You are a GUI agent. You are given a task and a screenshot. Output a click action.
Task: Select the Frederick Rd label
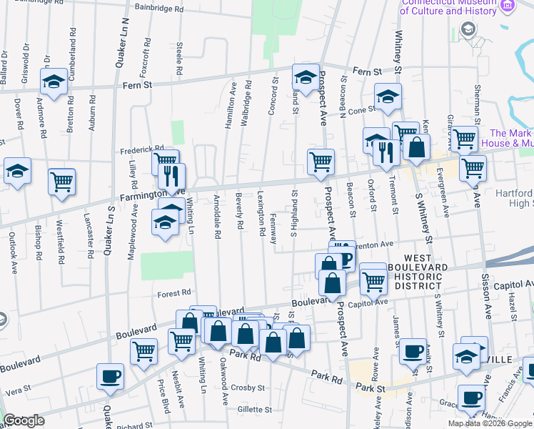coord(137,149)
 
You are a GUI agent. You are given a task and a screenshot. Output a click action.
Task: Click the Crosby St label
coord(252,388)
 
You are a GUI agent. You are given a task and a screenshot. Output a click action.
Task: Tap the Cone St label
coord(361,109)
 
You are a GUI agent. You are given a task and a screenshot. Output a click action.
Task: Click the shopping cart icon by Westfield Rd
coord(62,181)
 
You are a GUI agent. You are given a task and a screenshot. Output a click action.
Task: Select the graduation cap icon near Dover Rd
coord(17,171)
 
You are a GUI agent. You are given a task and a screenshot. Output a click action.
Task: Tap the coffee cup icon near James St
coord(413,350)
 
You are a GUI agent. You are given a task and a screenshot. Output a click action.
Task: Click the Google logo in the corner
coord(24,420)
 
